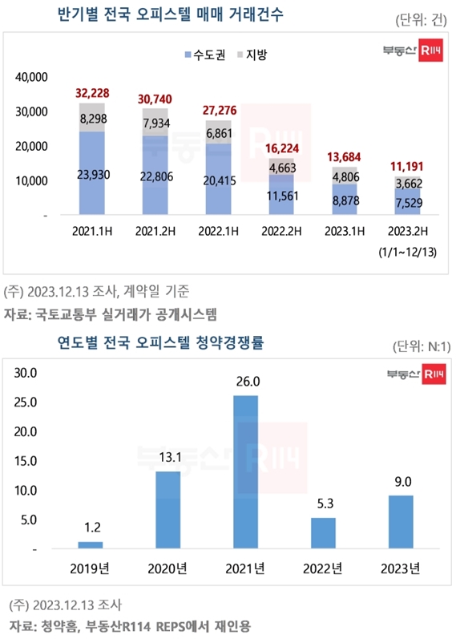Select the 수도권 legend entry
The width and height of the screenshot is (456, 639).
point(205,55)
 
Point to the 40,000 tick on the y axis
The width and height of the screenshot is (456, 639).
point(32,77)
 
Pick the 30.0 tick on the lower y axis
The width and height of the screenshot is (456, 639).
point(28,372)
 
